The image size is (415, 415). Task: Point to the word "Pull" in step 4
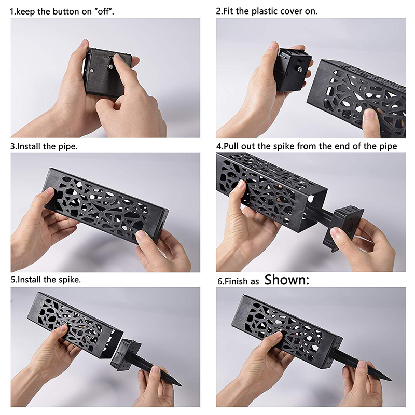point(231,146)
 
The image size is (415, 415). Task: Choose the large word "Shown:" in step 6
point(287,280)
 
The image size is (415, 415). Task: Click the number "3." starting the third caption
point(13,146)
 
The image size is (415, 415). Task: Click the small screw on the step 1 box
point(92,71)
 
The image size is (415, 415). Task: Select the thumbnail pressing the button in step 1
point(117,58)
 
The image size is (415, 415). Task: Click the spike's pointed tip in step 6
point(390,380)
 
